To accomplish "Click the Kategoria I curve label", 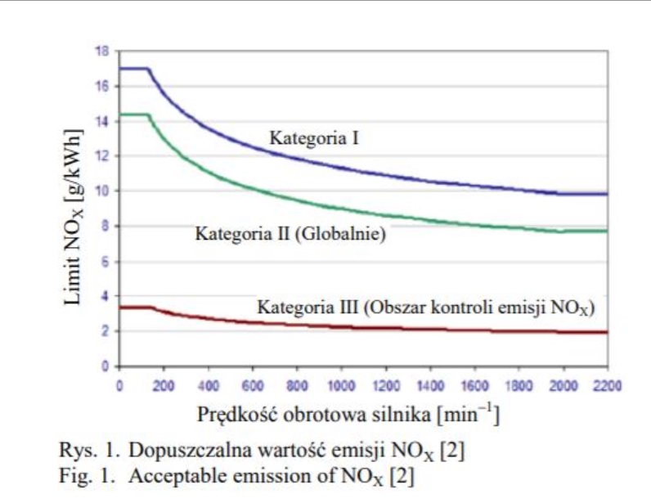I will pos(315,139).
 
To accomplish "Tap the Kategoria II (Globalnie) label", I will pos(290,234).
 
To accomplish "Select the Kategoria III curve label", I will pos(426,308).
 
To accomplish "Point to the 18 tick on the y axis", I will pos(102,51).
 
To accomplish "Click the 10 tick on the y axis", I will pos(102,191).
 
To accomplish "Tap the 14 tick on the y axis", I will pos(102,121).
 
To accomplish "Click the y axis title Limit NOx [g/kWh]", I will pos(73,216).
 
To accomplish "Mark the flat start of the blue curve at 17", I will pos(133,69).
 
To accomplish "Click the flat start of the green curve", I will pos(133,115).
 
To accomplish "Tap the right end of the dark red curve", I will pos(606,332).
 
